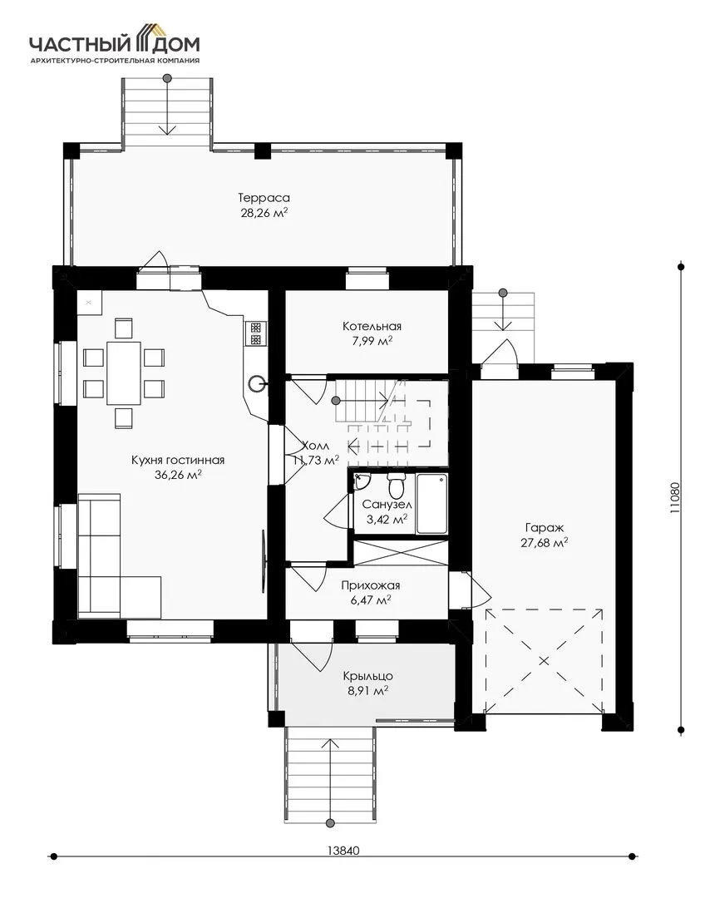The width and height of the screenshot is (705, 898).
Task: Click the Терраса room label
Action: point(264,198)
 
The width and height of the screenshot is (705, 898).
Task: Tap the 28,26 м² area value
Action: point(264,213)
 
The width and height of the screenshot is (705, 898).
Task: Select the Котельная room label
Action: point(372,327)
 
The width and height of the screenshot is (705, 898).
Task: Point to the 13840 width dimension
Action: point(343,851)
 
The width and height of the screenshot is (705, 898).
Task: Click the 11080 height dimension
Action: point(676,497)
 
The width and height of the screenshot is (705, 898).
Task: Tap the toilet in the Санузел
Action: point(396,486)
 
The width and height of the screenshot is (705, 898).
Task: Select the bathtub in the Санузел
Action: point(431,503)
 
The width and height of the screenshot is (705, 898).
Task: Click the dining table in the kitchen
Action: point(124,373)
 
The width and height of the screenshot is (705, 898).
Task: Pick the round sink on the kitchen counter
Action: point(257,382)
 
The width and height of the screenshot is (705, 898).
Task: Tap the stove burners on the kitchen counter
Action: point(255,333)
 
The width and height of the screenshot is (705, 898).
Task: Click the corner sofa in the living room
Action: point(119,555)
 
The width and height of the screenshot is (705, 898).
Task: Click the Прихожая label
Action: point(371,585)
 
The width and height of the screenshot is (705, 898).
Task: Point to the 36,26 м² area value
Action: point(178,475)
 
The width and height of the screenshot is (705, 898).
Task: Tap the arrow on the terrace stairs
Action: point(166,106)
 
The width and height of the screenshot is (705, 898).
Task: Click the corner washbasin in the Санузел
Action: point(361,481)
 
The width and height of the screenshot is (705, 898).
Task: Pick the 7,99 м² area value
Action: point(372,342)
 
